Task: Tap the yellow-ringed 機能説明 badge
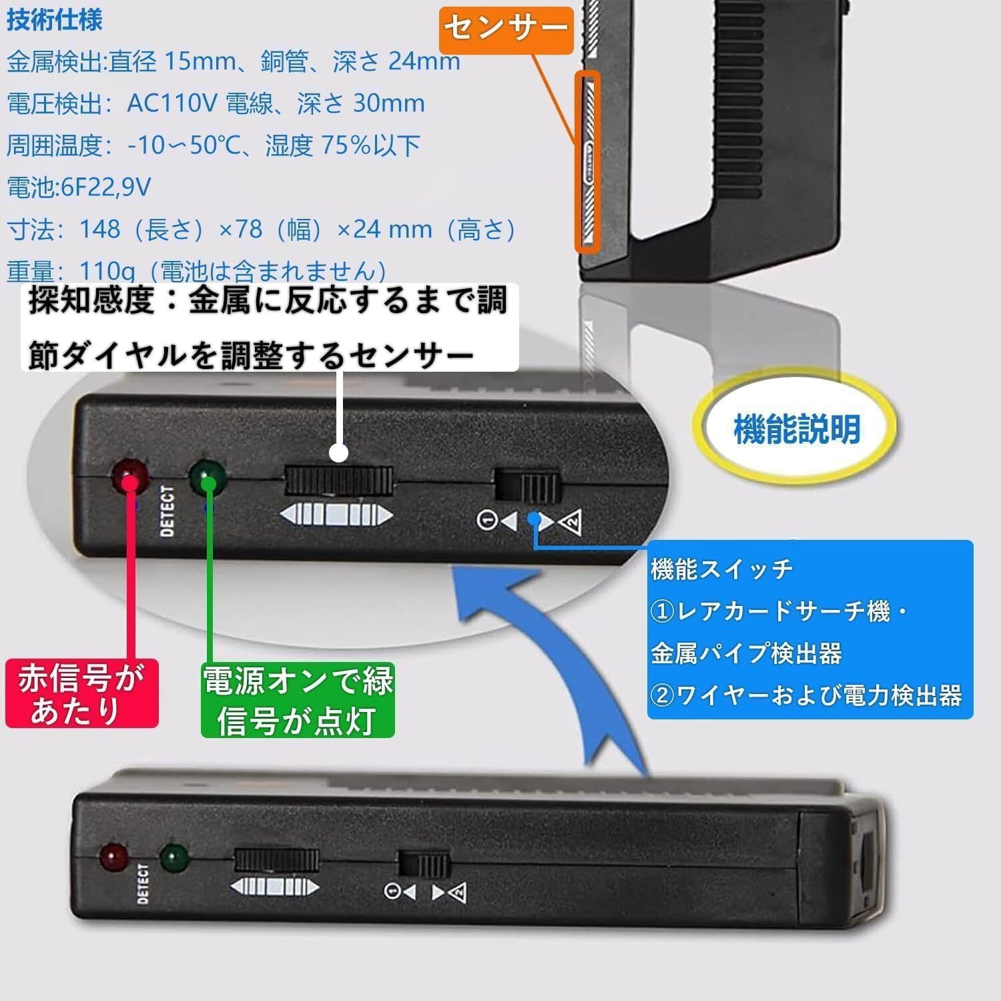click(797, 428)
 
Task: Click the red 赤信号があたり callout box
click(81, 694)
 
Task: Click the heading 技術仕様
click(55, 20)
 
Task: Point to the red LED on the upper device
click(131, 474)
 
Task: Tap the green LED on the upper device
click(208, 476)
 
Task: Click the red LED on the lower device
click(113, 857)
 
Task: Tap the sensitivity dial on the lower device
click(275, 861)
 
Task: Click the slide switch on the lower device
click(423, 864)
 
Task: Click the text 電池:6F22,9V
click(79, 187)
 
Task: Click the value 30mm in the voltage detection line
click(388, 103)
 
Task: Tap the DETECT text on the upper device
click(168, 511)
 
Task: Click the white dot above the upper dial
click(340, 452)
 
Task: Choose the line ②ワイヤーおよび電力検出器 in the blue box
click(806, 695)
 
